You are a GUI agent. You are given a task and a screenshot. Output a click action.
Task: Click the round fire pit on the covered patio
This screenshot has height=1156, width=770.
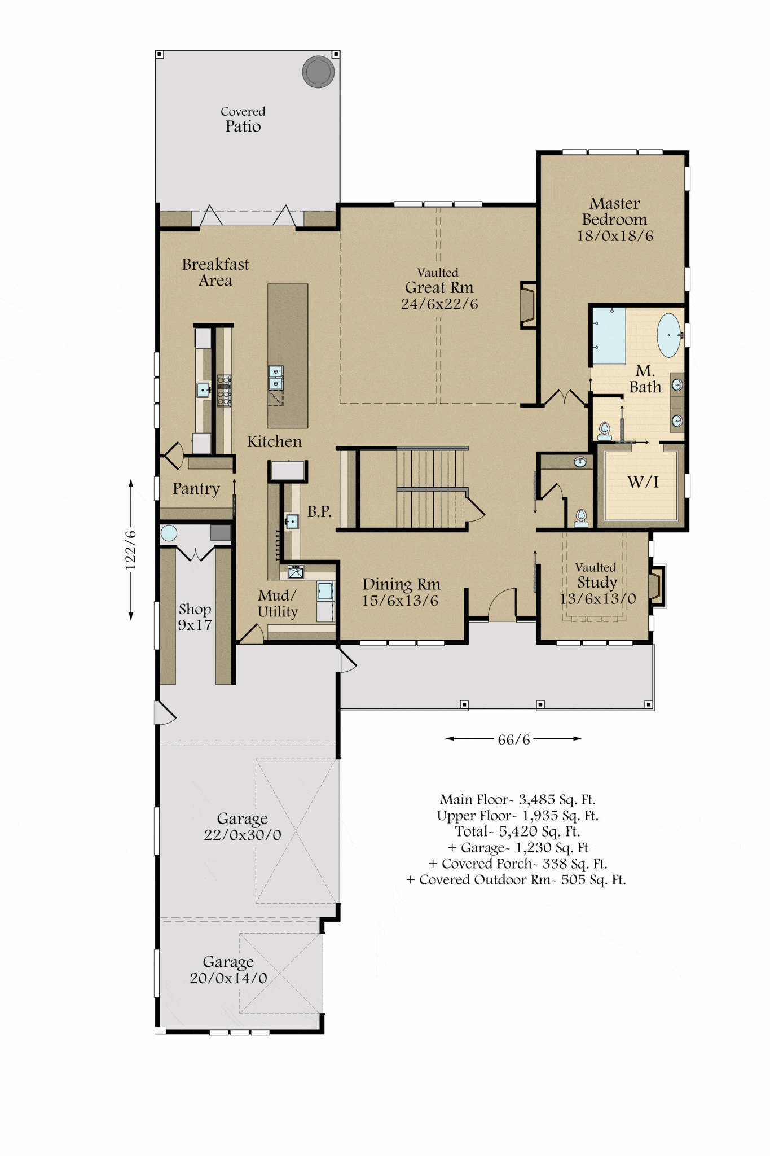pos(318,72)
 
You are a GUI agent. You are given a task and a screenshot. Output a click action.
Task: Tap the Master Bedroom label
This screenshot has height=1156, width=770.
pos(614,211)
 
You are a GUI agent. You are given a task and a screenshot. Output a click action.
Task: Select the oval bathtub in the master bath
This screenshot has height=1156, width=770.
pos(669,335)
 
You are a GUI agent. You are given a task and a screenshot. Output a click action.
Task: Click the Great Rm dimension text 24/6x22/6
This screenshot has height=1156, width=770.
pos(439,304)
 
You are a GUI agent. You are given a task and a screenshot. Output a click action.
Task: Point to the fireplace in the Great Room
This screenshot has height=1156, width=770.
pos(527,305)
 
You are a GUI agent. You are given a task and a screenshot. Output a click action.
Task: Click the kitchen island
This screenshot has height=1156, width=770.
pos(288,356)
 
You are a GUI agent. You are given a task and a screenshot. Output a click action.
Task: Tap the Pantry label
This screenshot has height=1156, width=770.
pos(196,489)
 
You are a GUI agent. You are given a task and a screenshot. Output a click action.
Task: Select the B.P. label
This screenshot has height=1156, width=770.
pos(319,511)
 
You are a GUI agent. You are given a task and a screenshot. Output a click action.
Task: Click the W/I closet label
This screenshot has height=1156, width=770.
pos(643,482)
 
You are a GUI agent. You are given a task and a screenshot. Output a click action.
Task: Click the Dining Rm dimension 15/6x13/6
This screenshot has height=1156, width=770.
pos(400,601)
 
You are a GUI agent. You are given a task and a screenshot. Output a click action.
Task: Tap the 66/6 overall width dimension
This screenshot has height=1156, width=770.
pos(514,739)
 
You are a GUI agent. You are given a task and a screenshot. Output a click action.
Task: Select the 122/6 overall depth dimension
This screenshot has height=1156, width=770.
pos(130,550)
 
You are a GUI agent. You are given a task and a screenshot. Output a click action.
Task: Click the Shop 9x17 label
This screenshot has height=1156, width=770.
pos(195,617)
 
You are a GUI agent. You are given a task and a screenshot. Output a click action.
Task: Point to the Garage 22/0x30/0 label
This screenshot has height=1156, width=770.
pos(243,827)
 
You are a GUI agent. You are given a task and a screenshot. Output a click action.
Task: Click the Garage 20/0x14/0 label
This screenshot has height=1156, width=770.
pos(228,970)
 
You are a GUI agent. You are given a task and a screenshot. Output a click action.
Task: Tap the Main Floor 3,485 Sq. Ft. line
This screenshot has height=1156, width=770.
pos(518,800)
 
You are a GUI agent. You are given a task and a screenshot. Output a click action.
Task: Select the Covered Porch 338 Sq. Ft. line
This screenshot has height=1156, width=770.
pos(518,864)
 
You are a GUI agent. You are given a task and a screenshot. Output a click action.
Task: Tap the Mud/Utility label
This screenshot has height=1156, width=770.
pos(278,604)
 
